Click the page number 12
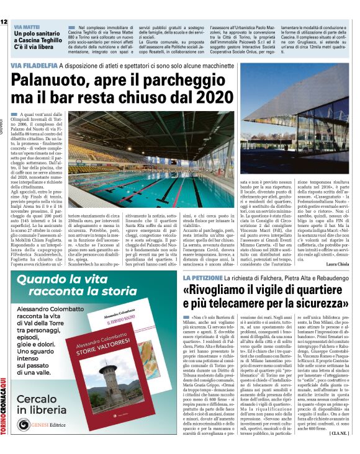(4, 22)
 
